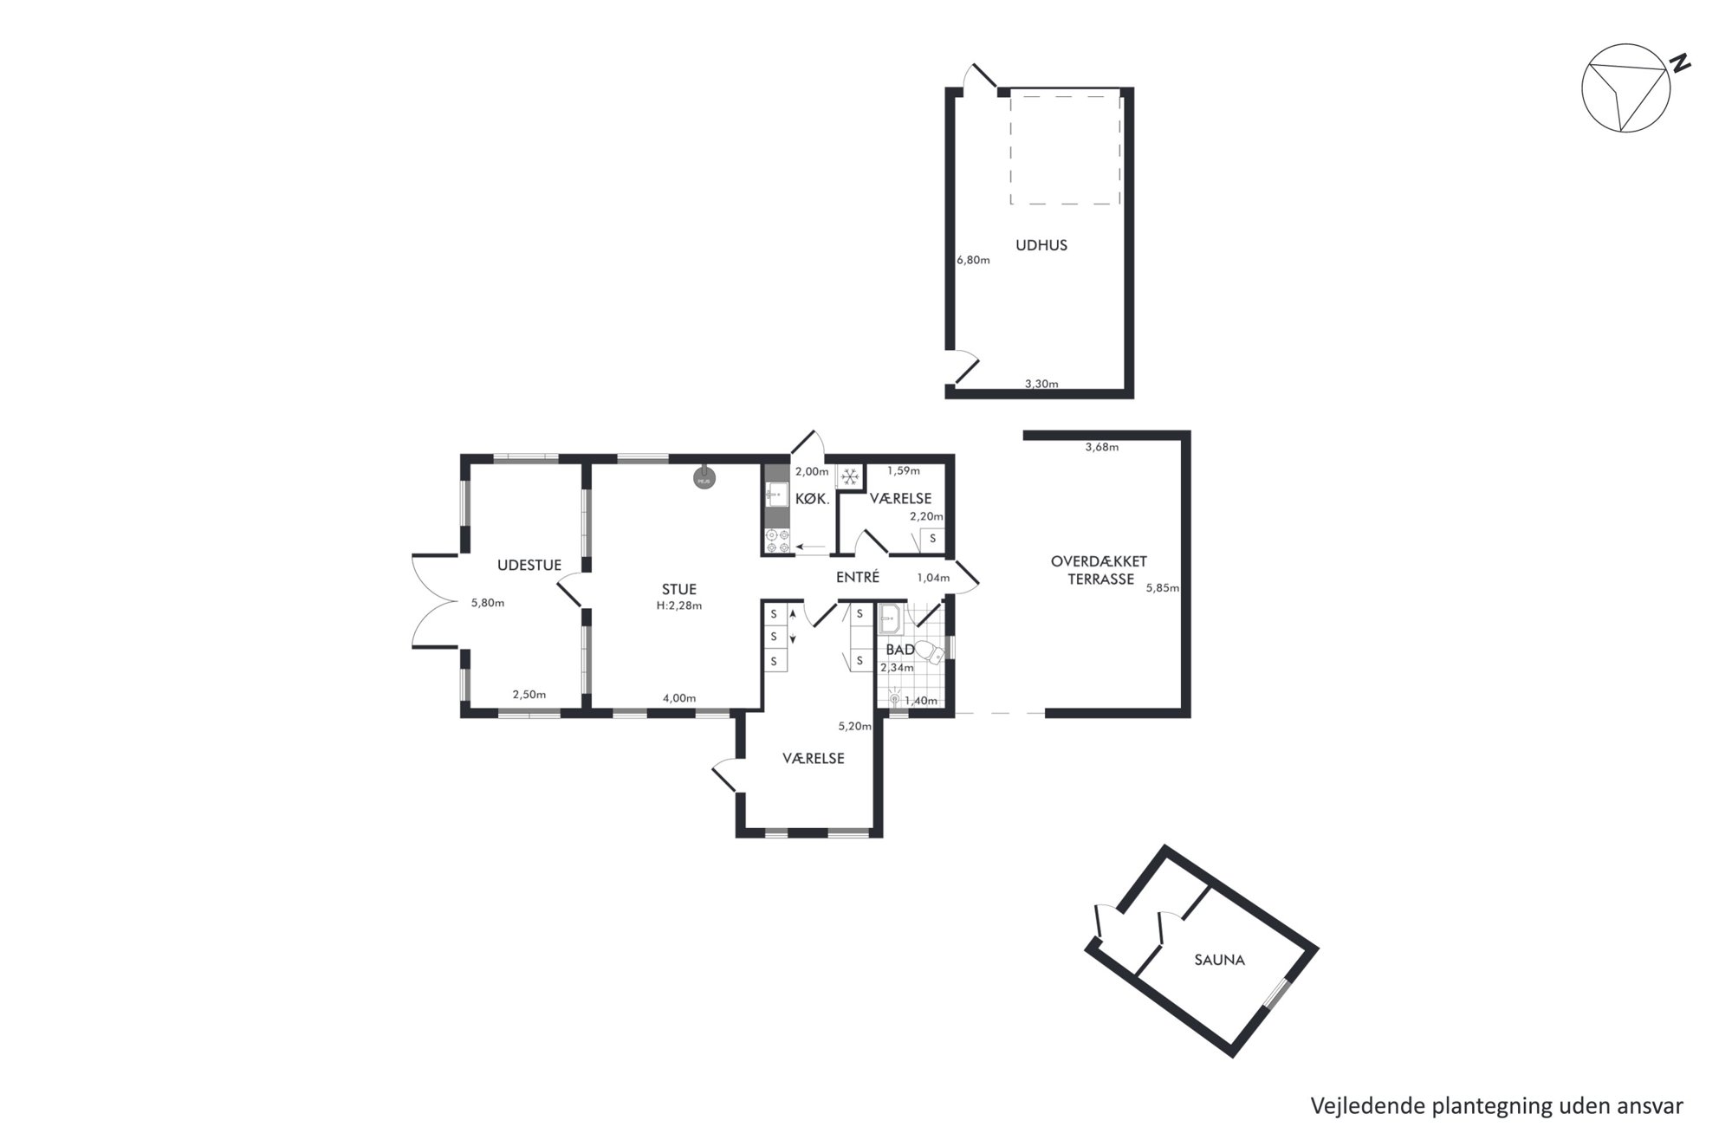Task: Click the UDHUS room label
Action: pyautogui.click(x=1041, y=245)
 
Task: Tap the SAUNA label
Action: pyautogui.click(x=1219, y=960)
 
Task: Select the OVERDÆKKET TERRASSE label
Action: pyautogui.click(x=1100, y=570)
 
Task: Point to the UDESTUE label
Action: pyautogui.click(x=529, y=565)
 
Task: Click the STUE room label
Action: pyautogui.click(x=679, y=589)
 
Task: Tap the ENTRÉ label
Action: pyautogui.click(x=858, y=577)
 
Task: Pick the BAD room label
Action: pyautogui.click(x=900, y=650)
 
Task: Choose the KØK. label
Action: pyautogui.click(x=813, y=500)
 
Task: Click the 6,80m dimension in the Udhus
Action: pyautogui.click(x=973, y=260)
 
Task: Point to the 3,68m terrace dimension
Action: pyautogui.click(x=1102, y=448)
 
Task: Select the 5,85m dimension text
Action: pyautogui.click(x=1163, y=587)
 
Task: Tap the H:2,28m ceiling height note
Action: pyautogui.click(x=679, y=605)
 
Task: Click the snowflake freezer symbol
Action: pyautogui.click(x=851, y=476)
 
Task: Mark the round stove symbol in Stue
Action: pyautogui.click(x=704, y=476)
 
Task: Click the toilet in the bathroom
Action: pyautogui.click(x=929, y=652)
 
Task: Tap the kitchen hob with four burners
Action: pyautogui.click(x=777, y=541)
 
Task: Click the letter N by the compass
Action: pyautogui.click(x=1681, y=63)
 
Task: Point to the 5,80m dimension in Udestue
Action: pyautogui.click(x=488, y=603)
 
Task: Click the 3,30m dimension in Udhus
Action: pyautogui.click(x=1041, y=384)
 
